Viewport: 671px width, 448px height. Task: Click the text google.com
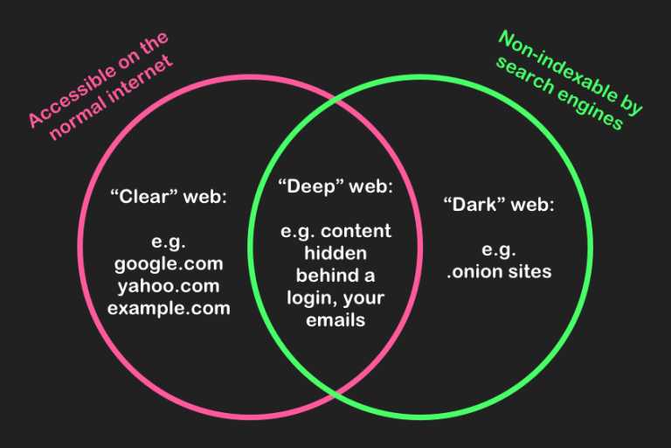[x=169, y=263]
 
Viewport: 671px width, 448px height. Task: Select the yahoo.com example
[x=169, y=286]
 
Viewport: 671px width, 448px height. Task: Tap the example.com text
[x=169, y=308]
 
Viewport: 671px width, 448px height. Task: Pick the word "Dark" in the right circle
[x=476, y=206]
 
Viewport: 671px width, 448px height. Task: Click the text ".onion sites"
[x=499, y=271]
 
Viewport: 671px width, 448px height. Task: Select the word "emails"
[x=335, y=320]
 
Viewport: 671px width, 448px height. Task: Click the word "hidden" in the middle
[x=335, y=254]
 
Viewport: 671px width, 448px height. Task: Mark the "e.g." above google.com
[x=169, y=241]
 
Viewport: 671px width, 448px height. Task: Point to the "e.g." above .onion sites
[x=498, y=249]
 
